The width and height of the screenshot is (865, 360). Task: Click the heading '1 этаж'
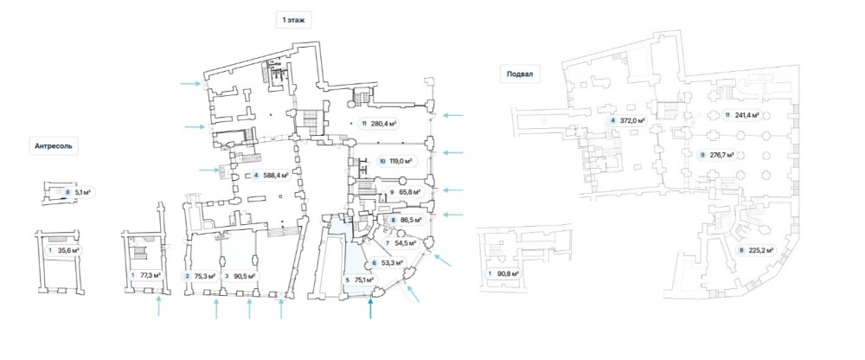[292, 18]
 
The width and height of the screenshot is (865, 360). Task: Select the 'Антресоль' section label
[54, 146]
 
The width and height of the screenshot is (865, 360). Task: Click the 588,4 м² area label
[275, 177]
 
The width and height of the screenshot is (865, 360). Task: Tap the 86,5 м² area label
[406, 221]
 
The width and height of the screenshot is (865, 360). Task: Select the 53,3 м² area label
[388, 263]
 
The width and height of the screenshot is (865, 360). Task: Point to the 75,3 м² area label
[203, 276]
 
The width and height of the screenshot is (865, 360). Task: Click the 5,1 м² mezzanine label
[83, 193]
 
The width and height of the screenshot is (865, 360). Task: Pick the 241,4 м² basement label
[742, 114]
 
